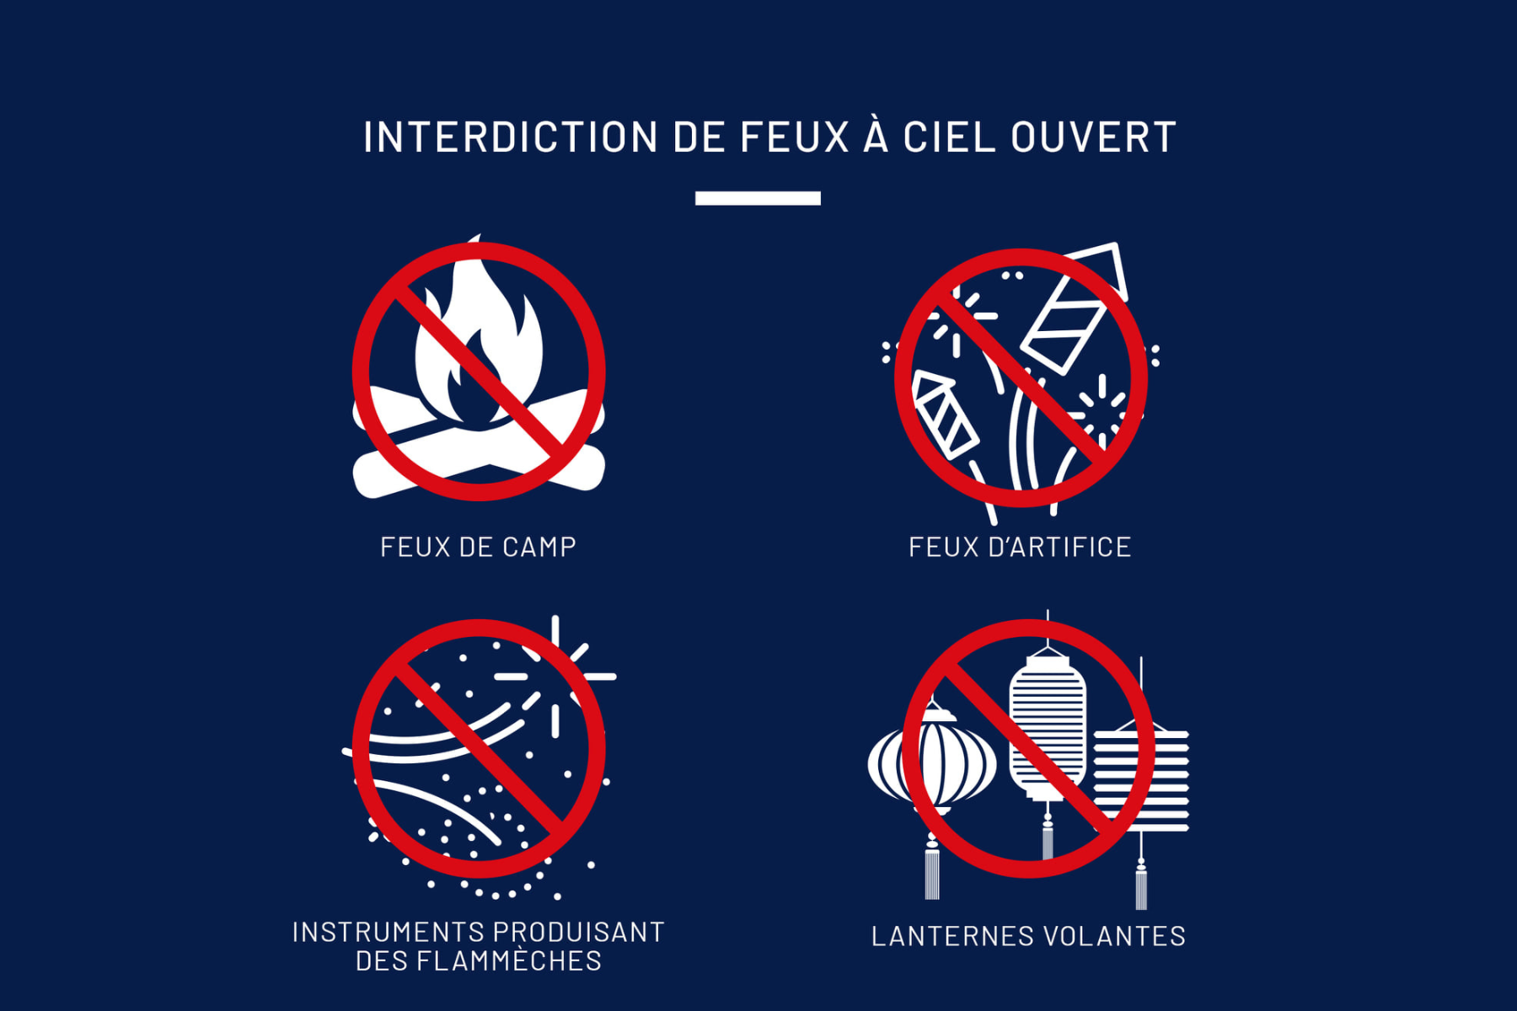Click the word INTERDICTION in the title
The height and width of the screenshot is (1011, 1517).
tap(511, 137)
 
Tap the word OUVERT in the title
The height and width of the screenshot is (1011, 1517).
tap(1093, 137)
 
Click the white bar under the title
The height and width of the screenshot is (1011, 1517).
tap(758, 198)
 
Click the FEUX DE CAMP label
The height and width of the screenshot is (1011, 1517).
tap(478, 547)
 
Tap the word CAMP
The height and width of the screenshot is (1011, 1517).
tap(539, 547)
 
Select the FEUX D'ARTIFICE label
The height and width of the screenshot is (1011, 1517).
tap(1020, 547)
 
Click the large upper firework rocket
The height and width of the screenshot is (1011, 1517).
tap(1075, 308)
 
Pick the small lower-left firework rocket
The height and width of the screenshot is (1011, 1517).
tap(944, 415)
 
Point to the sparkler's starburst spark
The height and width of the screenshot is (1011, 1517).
tap(555, 676)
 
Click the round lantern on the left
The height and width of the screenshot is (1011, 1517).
tap(932, 762)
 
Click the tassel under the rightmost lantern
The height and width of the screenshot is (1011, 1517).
tap(1141, 885)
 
